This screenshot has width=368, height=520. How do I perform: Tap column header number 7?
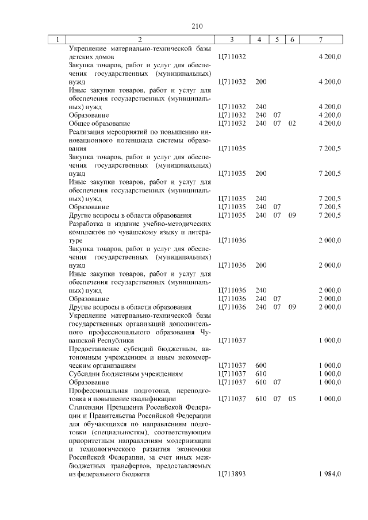click(320, 40)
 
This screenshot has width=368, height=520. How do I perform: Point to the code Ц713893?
click(232, 474)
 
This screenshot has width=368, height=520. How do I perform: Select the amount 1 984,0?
click(329, 474)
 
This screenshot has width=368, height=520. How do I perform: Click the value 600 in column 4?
click(260, 365)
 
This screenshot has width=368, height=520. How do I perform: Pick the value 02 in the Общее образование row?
click(292, 124)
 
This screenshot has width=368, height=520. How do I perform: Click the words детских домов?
click(91, 57)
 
